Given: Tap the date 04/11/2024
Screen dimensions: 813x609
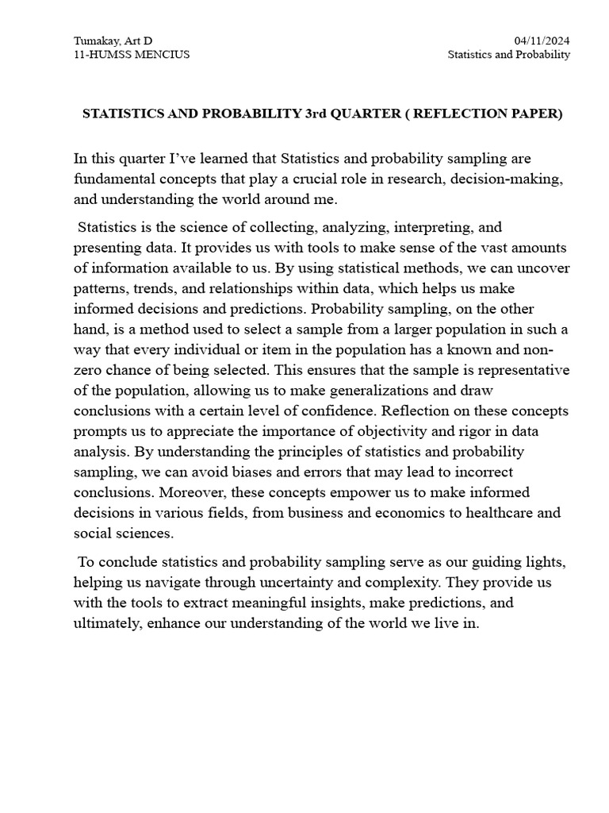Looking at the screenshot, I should coord(542,40).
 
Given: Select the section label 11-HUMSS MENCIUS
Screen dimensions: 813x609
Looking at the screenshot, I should coord(132,55).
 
